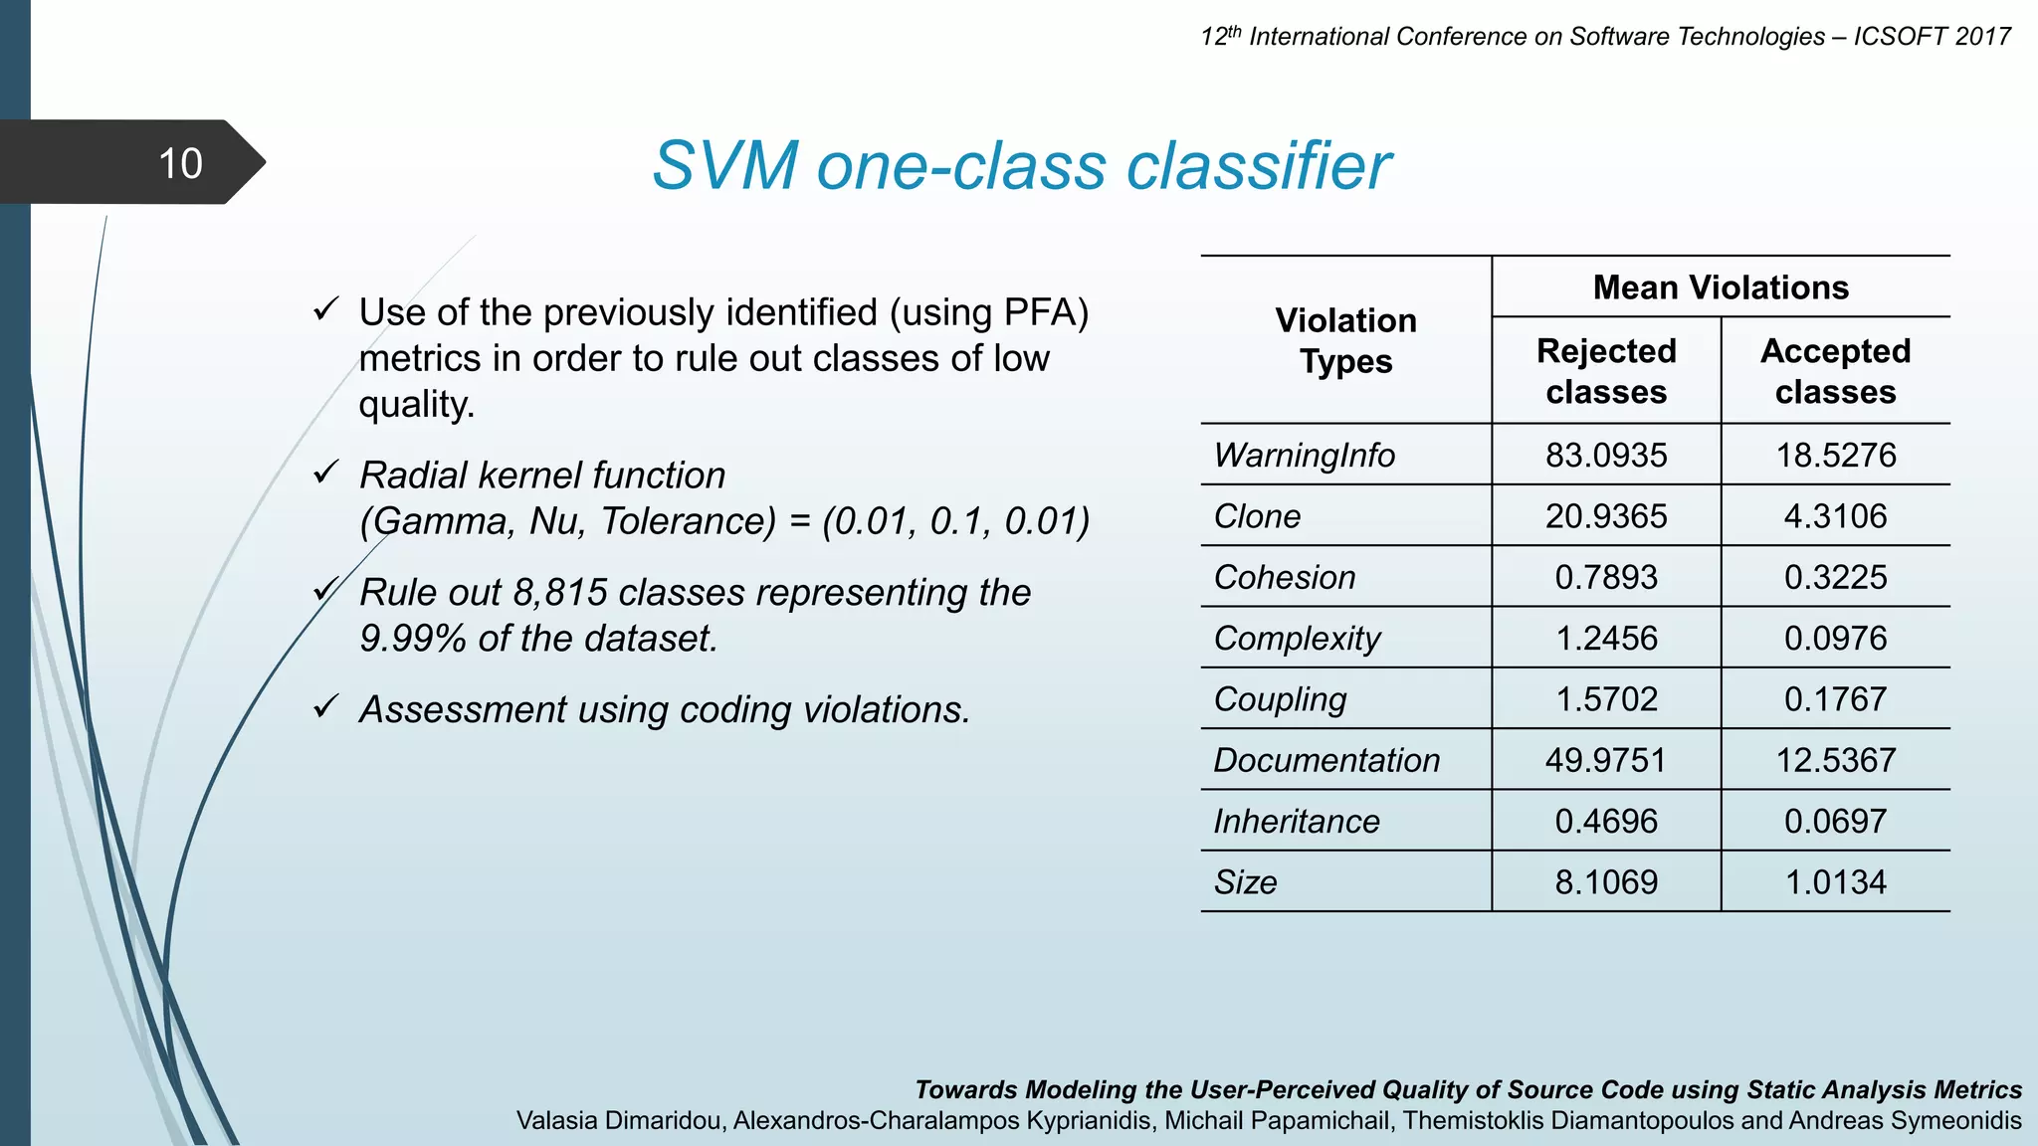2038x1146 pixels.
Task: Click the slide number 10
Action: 180,163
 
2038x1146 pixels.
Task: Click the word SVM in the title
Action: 723,165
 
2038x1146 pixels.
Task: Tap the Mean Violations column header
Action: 1721,287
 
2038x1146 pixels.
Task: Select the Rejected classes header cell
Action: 1606,371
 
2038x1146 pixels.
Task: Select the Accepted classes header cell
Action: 1835,371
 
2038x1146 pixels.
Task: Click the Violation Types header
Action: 1345,340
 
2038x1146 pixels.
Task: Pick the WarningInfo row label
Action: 1304,456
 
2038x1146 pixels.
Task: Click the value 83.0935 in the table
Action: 1606,456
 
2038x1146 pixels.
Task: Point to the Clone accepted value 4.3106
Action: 1835,516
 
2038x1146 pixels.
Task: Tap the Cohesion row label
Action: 1284,578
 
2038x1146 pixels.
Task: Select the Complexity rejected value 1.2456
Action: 1606,639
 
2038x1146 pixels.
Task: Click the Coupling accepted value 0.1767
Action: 1835,699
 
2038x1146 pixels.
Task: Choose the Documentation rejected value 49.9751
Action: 1606,761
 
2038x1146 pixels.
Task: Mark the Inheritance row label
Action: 1296,822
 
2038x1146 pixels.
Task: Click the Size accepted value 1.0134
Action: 1835,882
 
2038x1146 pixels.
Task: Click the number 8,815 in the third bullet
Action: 559,593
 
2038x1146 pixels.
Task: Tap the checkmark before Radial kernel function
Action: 326,473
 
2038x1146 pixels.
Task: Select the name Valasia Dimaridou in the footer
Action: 617,1121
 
